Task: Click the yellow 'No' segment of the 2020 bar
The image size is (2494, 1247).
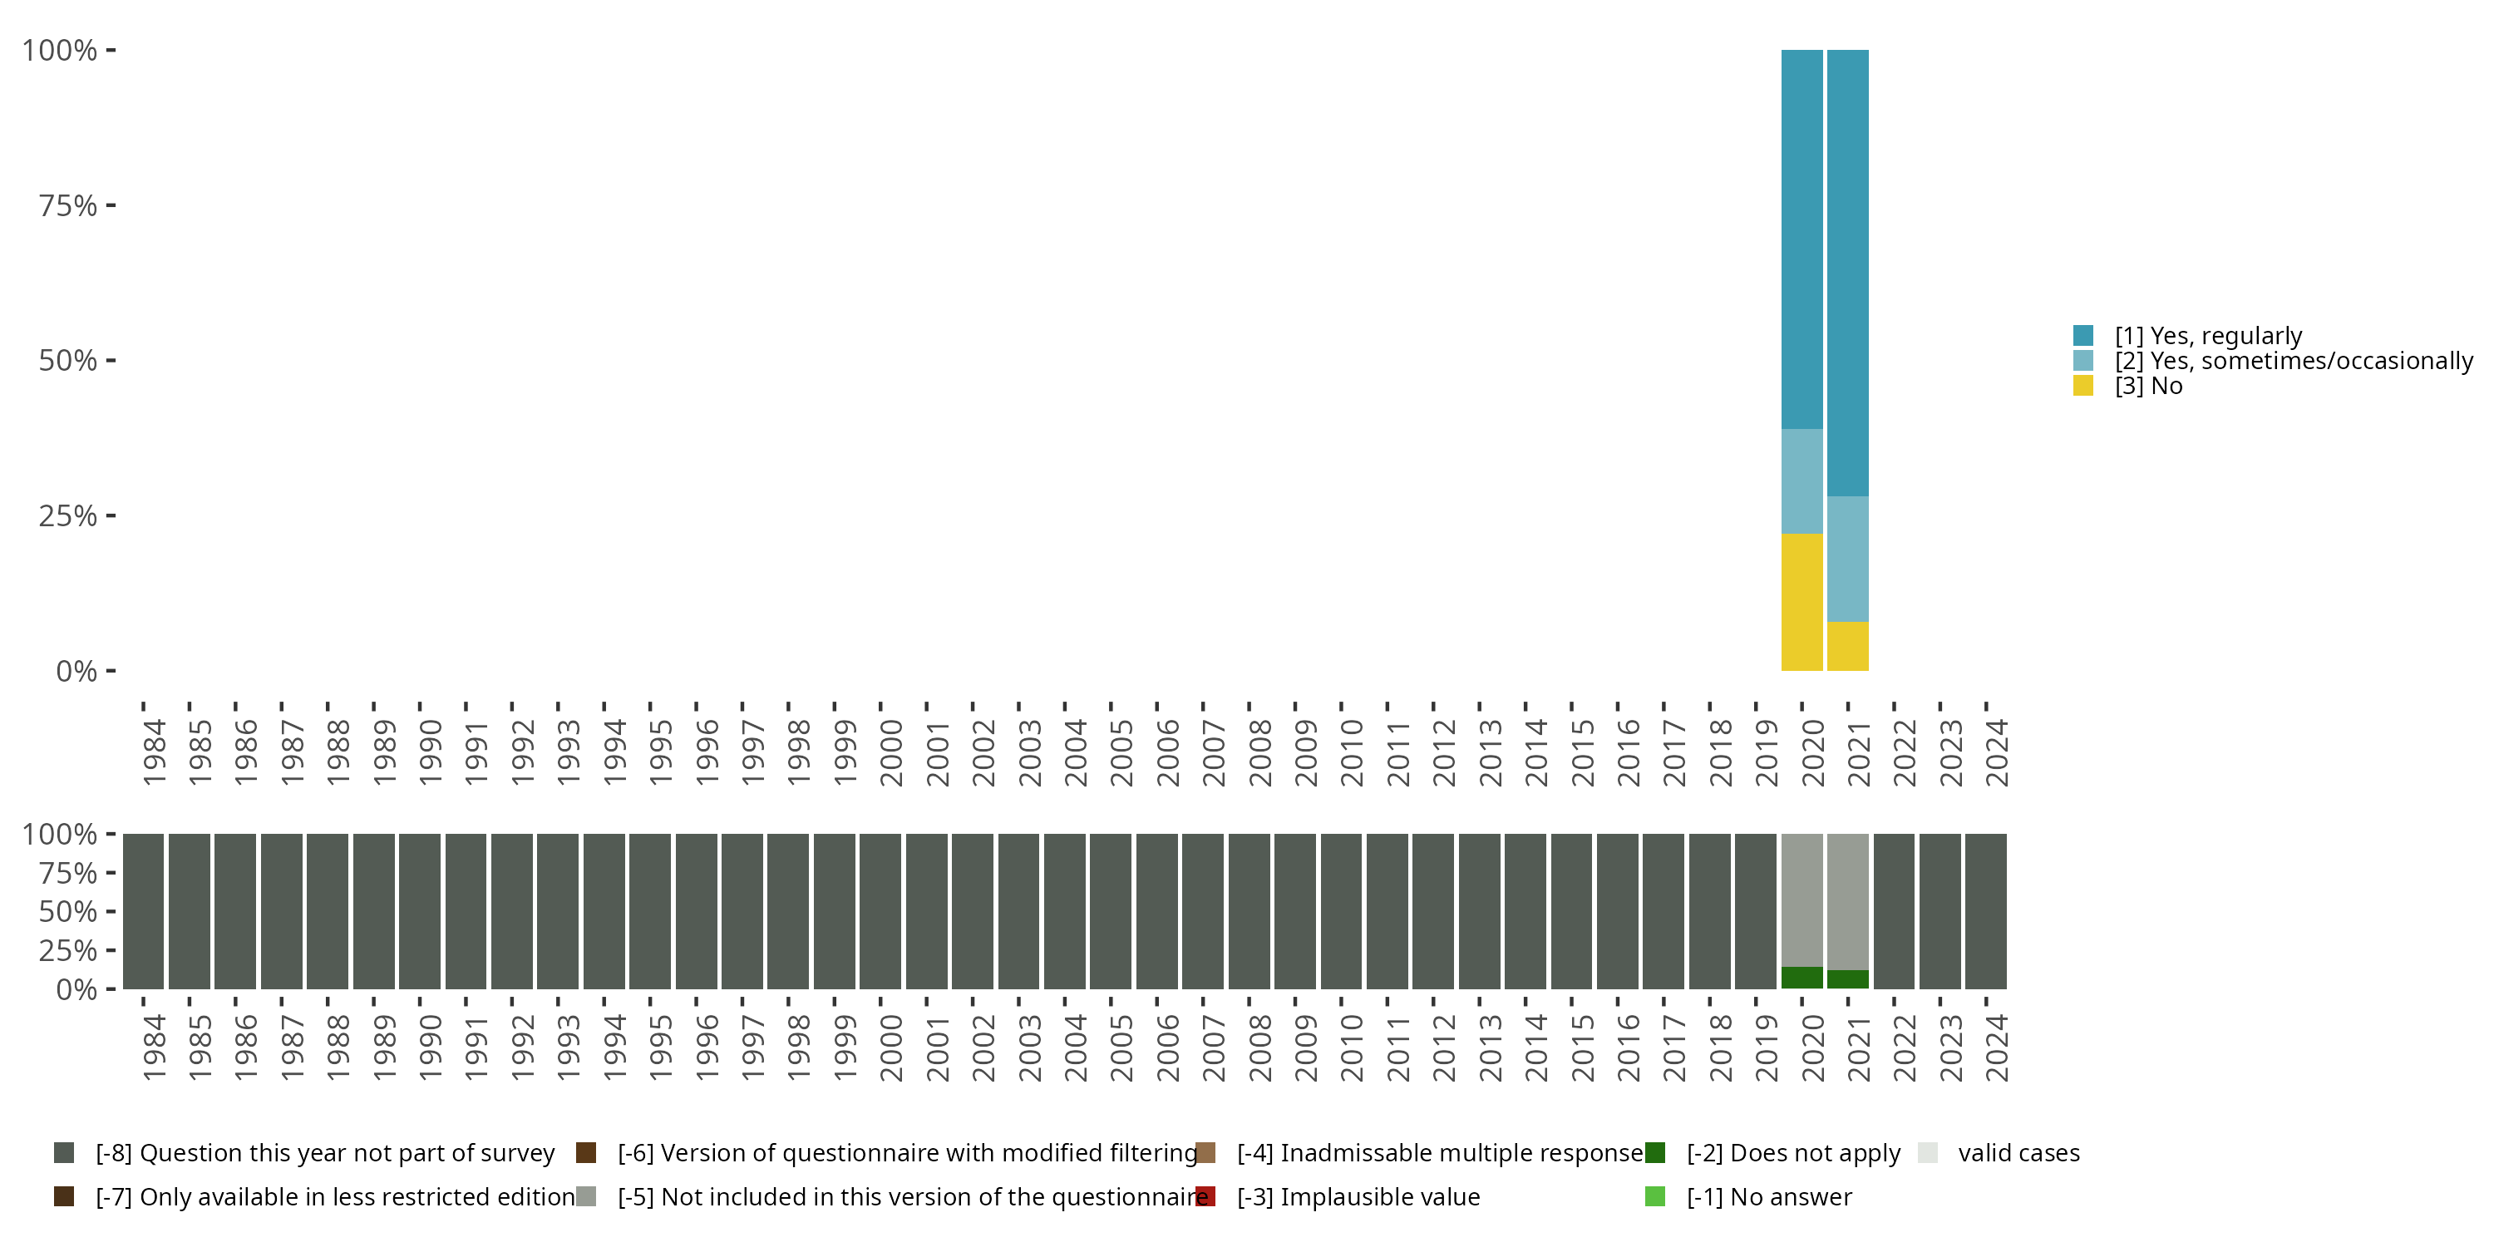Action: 1801,601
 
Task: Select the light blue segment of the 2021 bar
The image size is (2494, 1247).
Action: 1847,559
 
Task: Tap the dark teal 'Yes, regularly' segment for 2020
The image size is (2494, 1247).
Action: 1801,239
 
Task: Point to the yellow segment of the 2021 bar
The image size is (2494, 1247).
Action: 1847,646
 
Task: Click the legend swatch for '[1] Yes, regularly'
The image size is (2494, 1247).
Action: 2083,336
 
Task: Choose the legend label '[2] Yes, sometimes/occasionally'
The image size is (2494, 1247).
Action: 2293,361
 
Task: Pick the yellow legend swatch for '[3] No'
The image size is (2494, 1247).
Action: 2083,387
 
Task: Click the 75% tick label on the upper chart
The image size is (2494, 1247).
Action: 68,205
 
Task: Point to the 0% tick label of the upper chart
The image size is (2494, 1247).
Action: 76,671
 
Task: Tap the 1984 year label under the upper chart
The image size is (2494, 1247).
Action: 154,752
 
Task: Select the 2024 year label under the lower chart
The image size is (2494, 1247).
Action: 1996,1047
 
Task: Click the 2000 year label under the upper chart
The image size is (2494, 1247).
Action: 890,752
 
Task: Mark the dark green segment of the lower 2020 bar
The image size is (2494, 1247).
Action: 1801,978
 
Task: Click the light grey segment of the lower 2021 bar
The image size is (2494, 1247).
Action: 1847,900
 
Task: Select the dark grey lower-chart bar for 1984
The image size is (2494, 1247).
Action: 143,911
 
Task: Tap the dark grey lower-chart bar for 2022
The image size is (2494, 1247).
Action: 1894,911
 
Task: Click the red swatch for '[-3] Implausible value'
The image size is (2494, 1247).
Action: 1205,1196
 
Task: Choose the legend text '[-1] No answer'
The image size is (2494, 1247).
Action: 1769,1196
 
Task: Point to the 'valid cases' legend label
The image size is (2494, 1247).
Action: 2018,1153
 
